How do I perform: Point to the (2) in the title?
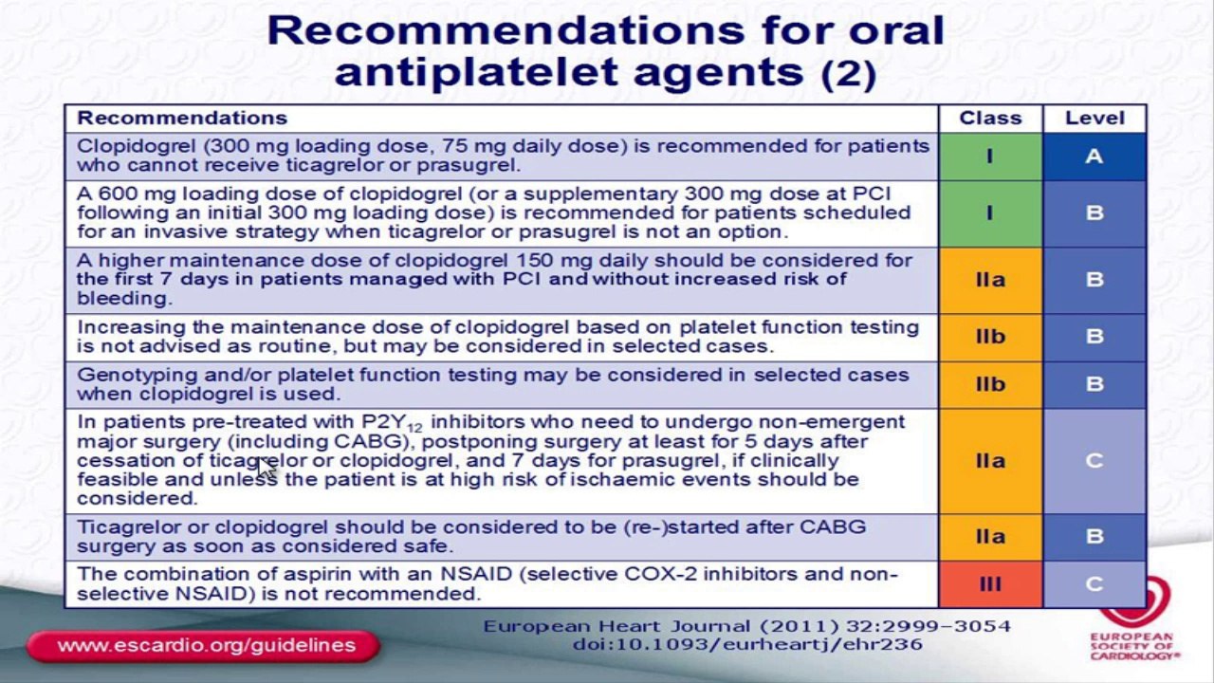pos(848,73)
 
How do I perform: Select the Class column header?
pos(990,119)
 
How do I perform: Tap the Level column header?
pos(1094,119)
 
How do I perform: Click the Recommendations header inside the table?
pos(181,119)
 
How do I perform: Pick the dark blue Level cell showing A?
pos(1094,157)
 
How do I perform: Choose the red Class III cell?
pos(990,584)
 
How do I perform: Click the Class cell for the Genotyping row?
pos(990,384)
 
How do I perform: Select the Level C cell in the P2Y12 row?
pos(1094,461)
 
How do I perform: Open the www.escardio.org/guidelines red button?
pos(205,646)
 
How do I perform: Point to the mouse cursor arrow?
pos(267,469)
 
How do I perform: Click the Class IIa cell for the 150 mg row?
pos(990,280)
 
